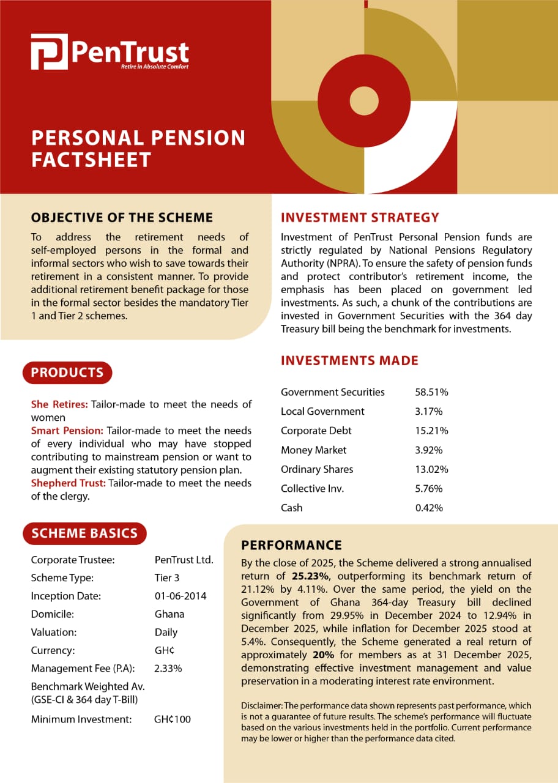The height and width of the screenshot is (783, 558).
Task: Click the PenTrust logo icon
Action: point(49,53)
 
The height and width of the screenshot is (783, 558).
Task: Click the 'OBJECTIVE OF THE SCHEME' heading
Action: point(122,218)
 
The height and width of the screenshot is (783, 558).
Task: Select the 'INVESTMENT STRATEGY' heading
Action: point(360,218)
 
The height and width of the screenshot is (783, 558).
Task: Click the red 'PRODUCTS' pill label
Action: point(67,373)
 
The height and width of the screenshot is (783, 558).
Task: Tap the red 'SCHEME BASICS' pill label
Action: point(84,533)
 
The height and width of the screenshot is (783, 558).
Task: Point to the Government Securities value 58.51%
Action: point(431,392)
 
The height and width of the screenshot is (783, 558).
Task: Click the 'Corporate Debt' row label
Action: point(316,431)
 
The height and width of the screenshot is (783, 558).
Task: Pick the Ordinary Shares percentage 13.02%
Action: point(431,469)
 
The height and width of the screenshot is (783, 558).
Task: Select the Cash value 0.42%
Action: point(428,508)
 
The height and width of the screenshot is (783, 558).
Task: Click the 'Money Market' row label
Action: point(313,450)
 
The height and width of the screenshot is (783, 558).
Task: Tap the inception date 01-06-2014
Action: point(180,596)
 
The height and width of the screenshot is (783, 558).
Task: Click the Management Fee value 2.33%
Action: point(168,669)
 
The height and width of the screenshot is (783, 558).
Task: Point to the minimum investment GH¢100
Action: point(173,719)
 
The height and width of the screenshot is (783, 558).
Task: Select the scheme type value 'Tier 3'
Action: point(167,577)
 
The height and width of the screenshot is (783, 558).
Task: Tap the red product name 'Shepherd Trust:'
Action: point(68,483)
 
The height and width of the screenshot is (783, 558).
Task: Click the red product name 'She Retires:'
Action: point(59,404)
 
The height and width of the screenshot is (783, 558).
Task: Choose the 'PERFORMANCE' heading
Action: point(291,546)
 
